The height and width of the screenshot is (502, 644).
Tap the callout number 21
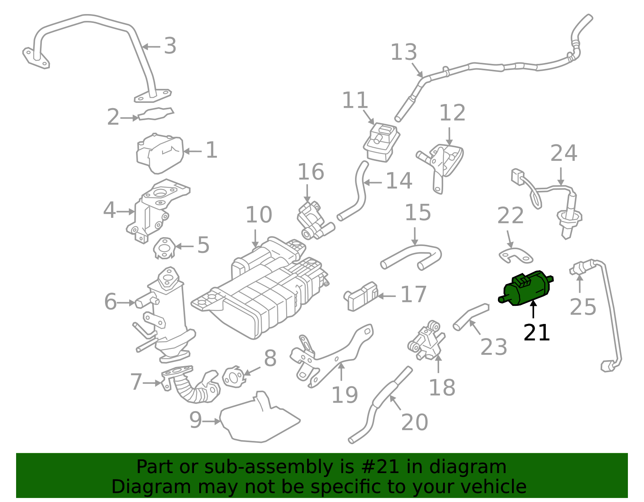pos(537,333)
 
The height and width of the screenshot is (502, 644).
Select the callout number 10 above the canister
pos(259,215)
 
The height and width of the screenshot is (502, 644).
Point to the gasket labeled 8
pos(233,377)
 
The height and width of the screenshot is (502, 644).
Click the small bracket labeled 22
pos(516,255)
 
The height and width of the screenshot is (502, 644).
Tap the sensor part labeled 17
pos(361,296)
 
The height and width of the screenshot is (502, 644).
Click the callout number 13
pos(404,53)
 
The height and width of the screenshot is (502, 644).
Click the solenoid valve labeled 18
pos(427,342)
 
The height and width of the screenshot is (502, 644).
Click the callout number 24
pos(563,154)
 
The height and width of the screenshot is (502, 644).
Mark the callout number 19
pos(345,395)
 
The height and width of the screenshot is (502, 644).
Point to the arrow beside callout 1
pos(192,152)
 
